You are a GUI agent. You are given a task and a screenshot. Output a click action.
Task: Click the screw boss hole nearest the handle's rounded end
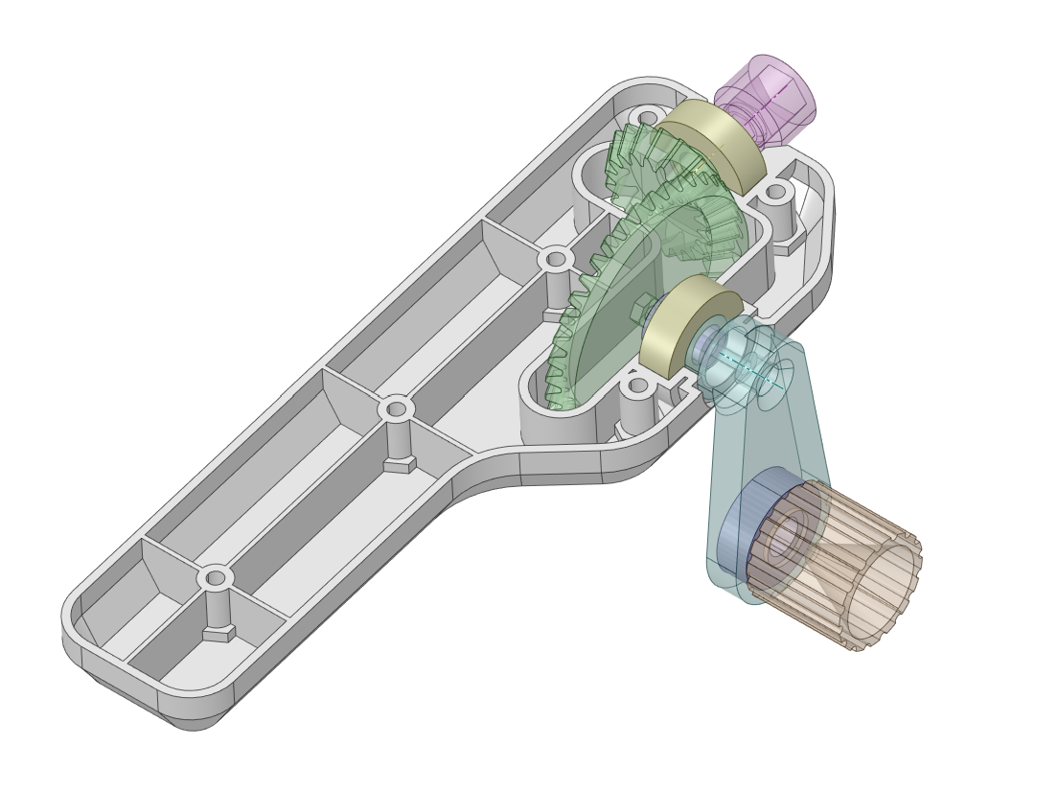[216, 578]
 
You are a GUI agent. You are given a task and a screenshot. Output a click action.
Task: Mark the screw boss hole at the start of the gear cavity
[555, 259]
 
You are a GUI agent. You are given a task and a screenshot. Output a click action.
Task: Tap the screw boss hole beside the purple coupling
[649, 118]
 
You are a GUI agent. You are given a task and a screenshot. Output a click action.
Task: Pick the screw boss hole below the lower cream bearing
[636, 387]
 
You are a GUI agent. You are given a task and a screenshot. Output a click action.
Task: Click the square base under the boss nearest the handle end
[218, 633]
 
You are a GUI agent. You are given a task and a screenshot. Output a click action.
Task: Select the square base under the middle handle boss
[400, 464]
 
